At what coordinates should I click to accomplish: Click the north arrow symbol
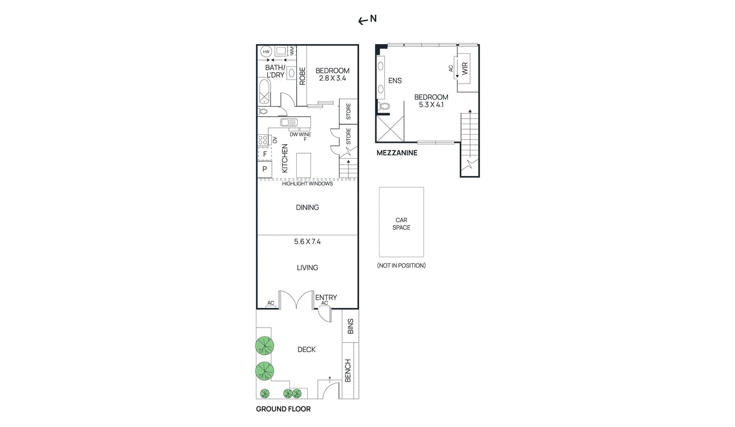(363, 20)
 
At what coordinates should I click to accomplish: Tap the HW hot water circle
(266, 51)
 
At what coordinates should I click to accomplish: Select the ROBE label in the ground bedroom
(302, 76)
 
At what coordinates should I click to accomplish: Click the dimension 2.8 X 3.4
(332, 79)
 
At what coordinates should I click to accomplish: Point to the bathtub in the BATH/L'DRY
(264, 91)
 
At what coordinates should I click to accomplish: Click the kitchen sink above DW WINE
(289, 122)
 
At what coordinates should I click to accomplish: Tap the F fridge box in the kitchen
(265, 154)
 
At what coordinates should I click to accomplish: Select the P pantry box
(265, 169)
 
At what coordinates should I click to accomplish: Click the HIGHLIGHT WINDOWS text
(307, 184)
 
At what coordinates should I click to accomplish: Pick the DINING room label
(307, 208)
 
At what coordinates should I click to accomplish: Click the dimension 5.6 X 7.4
(307, 242)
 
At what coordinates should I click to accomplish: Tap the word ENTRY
(326, 297)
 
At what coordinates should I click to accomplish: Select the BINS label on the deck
(351, 326)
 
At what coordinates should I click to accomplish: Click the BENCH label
(348, 370)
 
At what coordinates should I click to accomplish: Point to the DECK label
(306, 350)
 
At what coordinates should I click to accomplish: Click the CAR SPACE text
(401, 224)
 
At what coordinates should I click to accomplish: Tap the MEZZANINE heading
(397, 153)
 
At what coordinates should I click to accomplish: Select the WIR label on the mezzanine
(465, 69)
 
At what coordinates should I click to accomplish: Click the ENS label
(395, 81)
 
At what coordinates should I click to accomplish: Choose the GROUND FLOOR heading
(283, 409)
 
